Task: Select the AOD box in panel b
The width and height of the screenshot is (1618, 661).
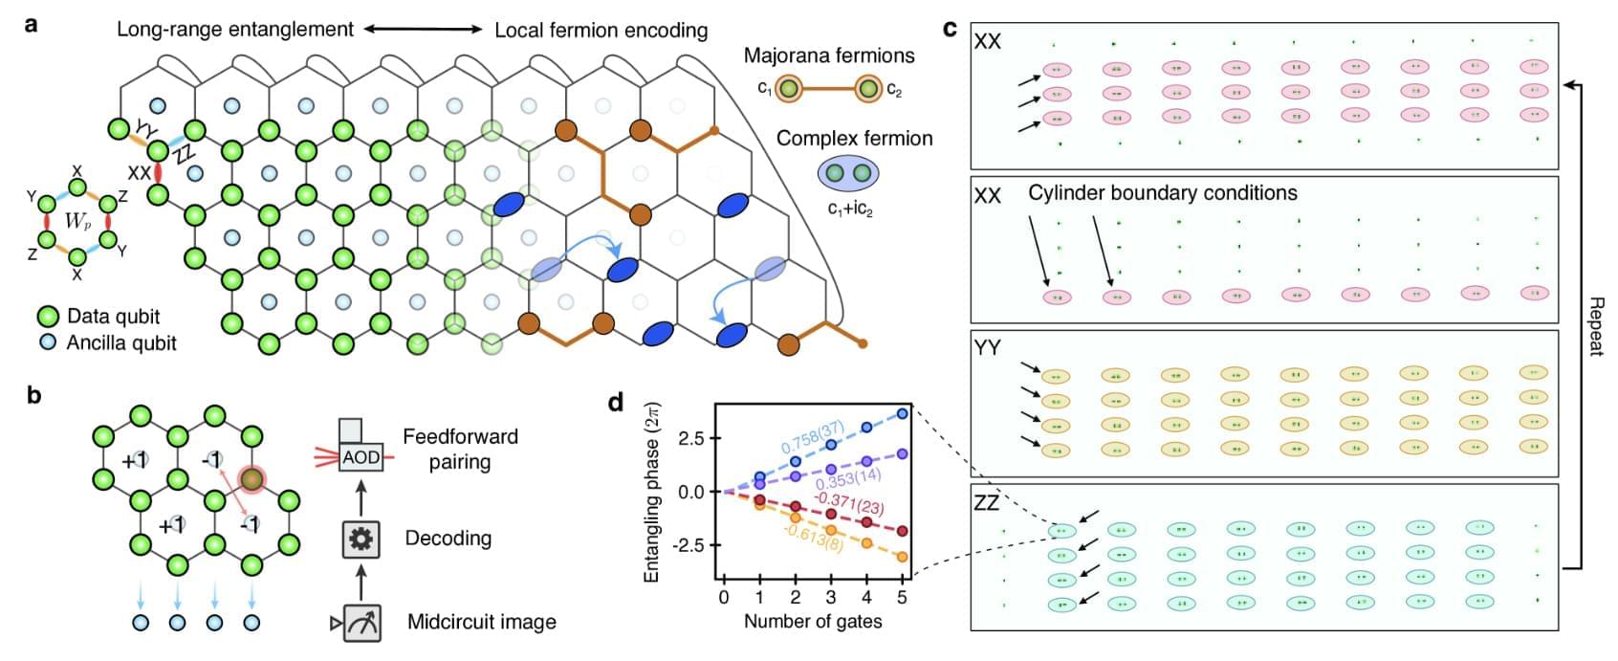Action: point(361,457)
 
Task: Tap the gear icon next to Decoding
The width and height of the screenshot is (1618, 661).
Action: point(361,540)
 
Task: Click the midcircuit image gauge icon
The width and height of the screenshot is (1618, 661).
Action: point(361,623)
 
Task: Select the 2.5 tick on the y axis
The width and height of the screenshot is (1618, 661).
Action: point(691,439)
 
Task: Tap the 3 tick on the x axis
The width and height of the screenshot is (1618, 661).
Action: point(830,597)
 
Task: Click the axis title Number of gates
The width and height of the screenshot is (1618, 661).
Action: point(813,622)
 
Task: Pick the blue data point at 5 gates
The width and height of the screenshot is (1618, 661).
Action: point(902,414)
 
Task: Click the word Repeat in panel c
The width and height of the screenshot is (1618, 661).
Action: point(1594,325)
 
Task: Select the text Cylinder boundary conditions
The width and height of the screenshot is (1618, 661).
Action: point(1163,193)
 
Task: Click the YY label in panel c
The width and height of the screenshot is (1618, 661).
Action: point(987,347)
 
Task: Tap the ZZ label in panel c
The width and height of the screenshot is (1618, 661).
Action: point(987,503)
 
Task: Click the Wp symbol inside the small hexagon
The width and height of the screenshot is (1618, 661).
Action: point(77,221)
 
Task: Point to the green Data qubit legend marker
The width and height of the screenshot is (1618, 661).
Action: point(48,317)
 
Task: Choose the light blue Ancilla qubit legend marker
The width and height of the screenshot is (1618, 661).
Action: point(48,342)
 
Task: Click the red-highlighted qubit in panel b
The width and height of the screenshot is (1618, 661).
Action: point(251,477)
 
